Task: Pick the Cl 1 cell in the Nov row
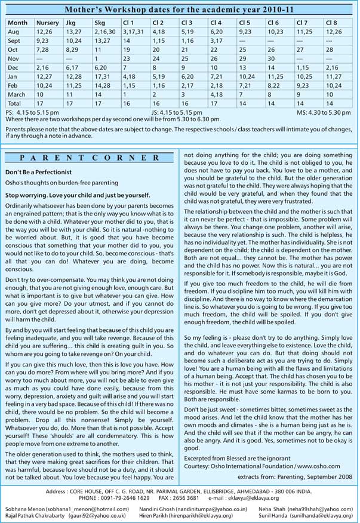(x=127, y=60)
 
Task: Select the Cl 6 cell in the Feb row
(x=275, y=86)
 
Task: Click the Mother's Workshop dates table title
(x=179, y=10)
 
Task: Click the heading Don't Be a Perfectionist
(x=38, y=172)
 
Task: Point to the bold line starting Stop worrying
(x=78, y=195)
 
